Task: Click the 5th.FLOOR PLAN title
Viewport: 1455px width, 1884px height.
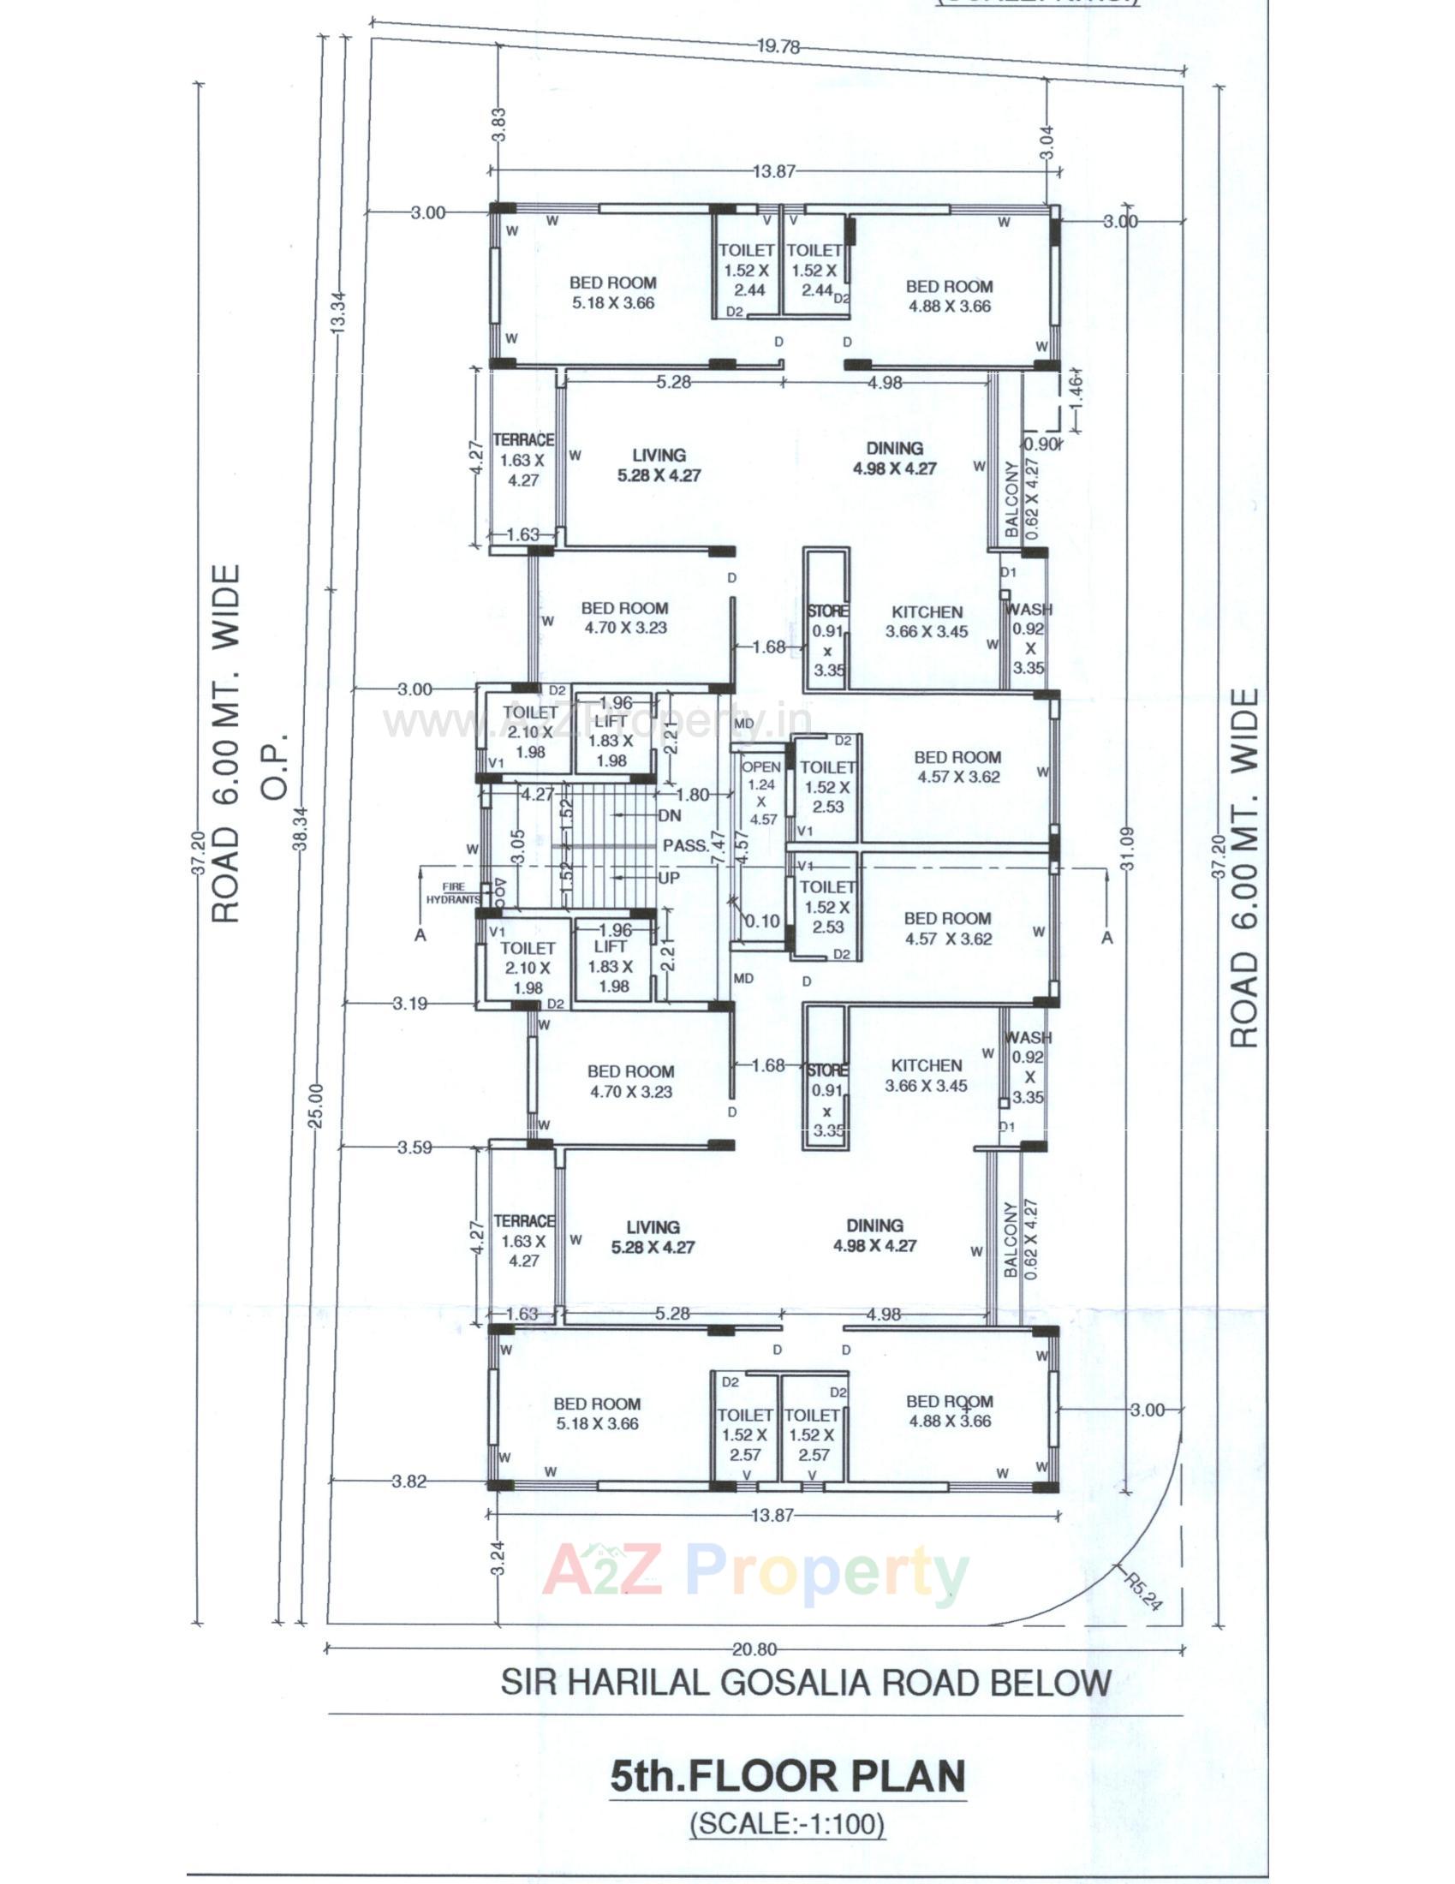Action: pyautogui.click(x=787, y=1776)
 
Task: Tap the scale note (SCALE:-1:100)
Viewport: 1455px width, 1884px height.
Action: pyautogui.click(x=787, y=1822)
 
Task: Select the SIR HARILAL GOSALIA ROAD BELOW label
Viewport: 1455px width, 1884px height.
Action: pyautogui.click(x=807, y=1682)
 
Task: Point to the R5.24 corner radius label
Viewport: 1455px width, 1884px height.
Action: pyautogui.click(x=1143, y=1589)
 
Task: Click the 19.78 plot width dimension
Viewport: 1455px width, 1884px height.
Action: pyautogui.click(x=778, y=47)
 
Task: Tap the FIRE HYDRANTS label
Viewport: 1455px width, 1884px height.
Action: pyautogui.click(x=453, y=893)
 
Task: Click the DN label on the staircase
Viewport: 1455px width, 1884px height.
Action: pyautogui.click(x=669, y=815)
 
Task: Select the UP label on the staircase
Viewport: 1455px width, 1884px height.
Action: pyautogui.click(x=669, y=877)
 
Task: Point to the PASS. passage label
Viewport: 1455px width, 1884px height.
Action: pyautogui.click(x=686, y=845)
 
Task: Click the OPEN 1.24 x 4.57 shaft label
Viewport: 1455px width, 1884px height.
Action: pyautogui.click(x=761, y=793)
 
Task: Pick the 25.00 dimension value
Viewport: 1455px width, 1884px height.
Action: pyautogui.click(x=317, y=1106)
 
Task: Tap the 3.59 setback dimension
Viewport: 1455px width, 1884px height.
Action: pyautogui.click(x=414, y=1148)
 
